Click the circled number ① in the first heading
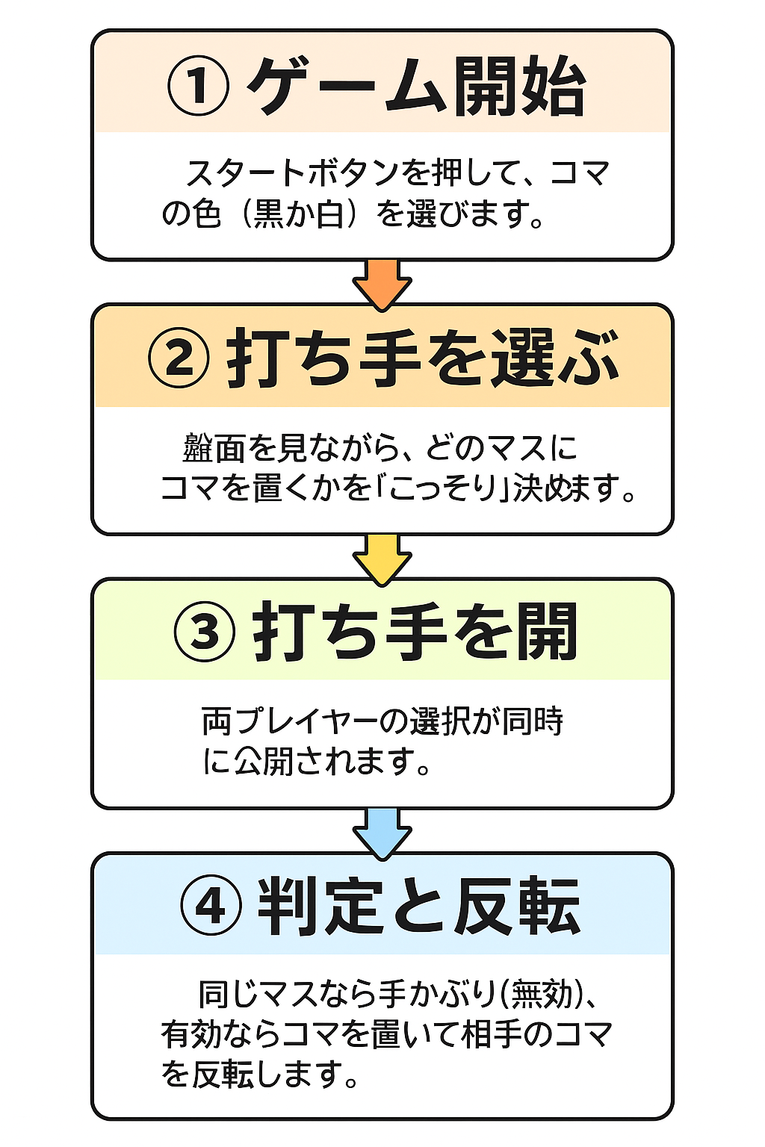(x=197, y=87)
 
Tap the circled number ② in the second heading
(x=179, y=359)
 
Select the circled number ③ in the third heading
(x=205, y=632)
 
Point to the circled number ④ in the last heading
(x=211, y=907)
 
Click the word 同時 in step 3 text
(x=533, y=721)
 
